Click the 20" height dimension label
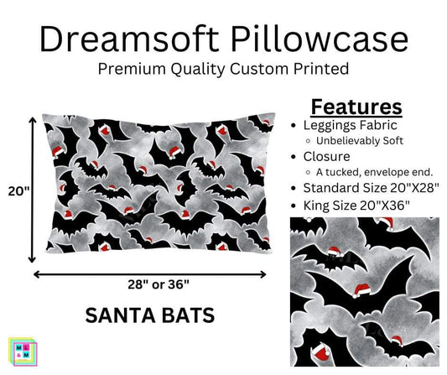click(x=16, y=191)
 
